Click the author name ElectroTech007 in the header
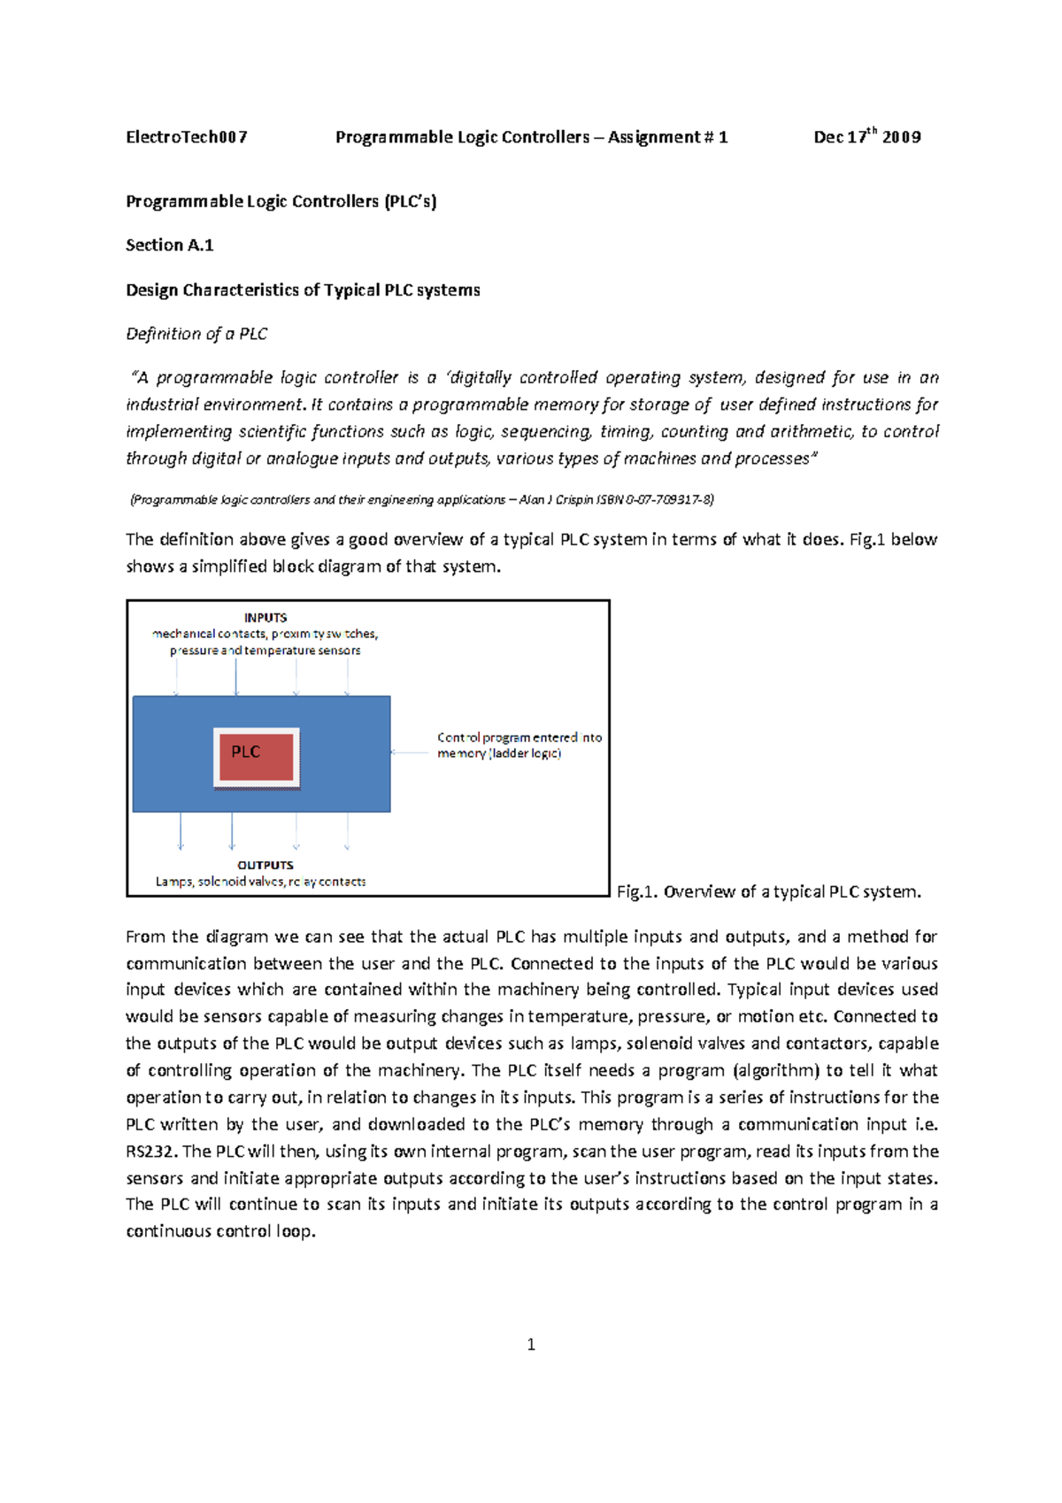coord(186,137)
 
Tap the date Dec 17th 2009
coord(866,137)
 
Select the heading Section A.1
coord(169,245)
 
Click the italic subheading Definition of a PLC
coord(196,334)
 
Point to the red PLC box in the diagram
coord(256,756)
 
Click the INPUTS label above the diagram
coord(265,618)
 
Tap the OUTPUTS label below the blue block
coord(265,865)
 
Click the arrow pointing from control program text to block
coord(410,752)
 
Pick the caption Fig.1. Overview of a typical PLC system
coord(768,891)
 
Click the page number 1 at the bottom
coord(531,1345)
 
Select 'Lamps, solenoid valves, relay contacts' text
coord(260,882)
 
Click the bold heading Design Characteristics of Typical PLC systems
coord(303,290)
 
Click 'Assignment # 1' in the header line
coord(667,137)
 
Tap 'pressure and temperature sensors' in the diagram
coord(265,651)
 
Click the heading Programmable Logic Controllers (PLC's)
coord(281,202)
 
